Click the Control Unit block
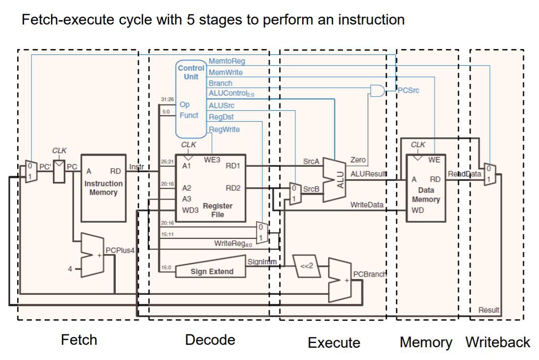(x=191, y=98)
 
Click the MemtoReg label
(x=227, y=61)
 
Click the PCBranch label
(x=370, y=274)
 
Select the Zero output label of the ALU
(x=359, y=160)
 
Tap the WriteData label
(x=366, y=205)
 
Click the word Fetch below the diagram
(x=78, y=339)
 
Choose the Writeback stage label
(x=498, y=342)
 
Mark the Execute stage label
(x=334, y=342)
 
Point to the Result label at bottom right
(x=488, y=309)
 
